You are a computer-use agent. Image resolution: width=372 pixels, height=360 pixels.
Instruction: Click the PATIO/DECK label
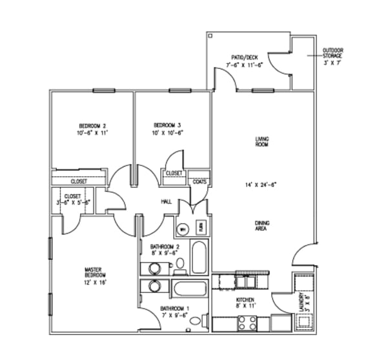pos(242,57)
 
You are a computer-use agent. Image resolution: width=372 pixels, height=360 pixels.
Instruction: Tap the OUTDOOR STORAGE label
pos(333,52)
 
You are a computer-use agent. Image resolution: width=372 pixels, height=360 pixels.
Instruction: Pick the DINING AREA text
pos(262,225)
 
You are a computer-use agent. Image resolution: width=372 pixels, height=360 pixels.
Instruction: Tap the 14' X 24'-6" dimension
pos(262,185)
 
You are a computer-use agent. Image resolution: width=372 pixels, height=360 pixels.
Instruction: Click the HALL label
pos(166,203)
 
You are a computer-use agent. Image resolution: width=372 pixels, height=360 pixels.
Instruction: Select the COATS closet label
pos(200,181)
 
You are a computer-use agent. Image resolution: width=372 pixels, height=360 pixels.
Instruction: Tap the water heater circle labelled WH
pos(183,228)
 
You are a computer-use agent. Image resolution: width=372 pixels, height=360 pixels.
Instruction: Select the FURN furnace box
pos(200,228)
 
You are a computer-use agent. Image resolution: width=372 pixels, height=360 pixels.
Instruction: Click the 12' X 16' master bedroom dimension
pos(94,283)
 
